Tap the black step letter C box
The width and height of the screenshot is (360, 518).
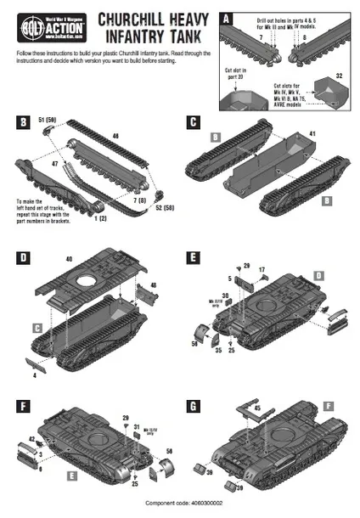[194, 121]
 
